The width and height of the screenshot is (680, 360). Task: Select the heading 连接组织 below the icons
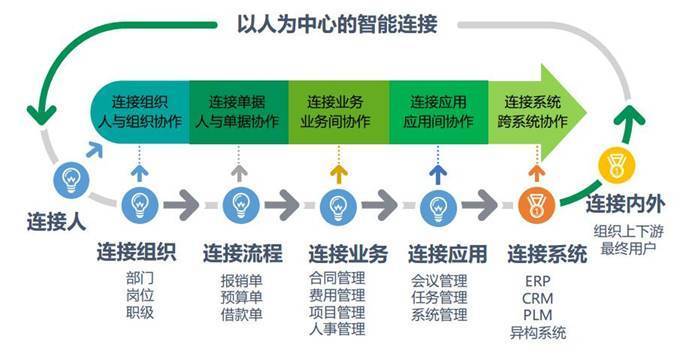coord(137,252)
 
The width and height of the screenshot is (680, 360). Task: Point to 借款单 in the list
coord(241,314)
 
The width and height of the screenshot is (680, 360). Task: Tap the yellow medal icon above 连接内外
coord(612,165)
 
